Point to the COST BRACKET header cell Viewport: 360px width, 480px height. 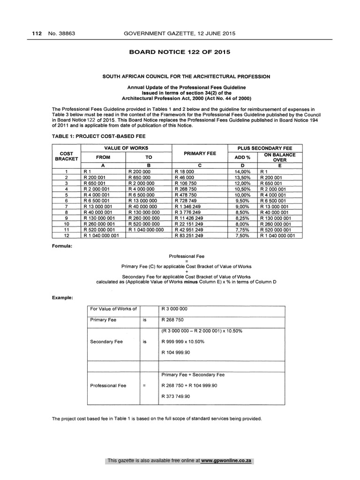click(x=66, y=156)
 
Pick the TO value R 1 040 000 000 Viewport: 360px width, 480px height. click(x=146, y=230)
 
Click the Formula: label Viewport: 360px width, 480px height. click(x=62, y=246)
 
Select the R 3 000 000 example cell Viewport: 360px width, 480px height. click(x=174, y=309)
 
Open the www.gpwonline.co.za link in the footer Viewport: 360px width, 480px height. click(x=226, y=461)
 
